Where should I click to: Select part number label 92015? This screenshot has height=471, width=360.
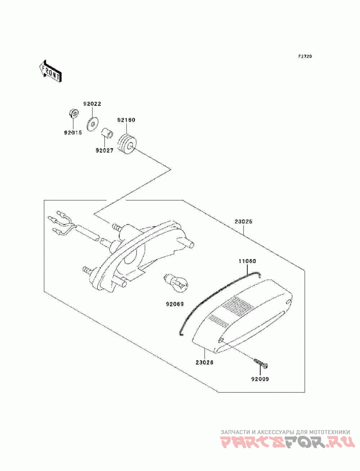[72, 133]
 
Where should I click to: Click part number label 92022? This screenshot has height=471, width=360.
[92, 104]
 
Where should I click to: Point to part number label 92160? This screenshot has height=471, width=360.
[126, 120]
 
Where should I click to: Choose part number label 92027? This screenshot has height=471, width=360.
[104, 151]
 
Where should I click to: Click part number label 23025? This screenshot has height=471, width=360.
[243, 222]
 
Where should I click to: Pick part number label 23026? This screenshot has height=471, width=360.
[204, 362]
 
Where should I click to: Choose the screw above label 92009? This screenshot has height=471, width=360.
[261, 362]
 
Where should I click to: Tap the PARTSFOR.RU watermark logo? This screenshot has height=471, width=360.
[285, 443]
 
